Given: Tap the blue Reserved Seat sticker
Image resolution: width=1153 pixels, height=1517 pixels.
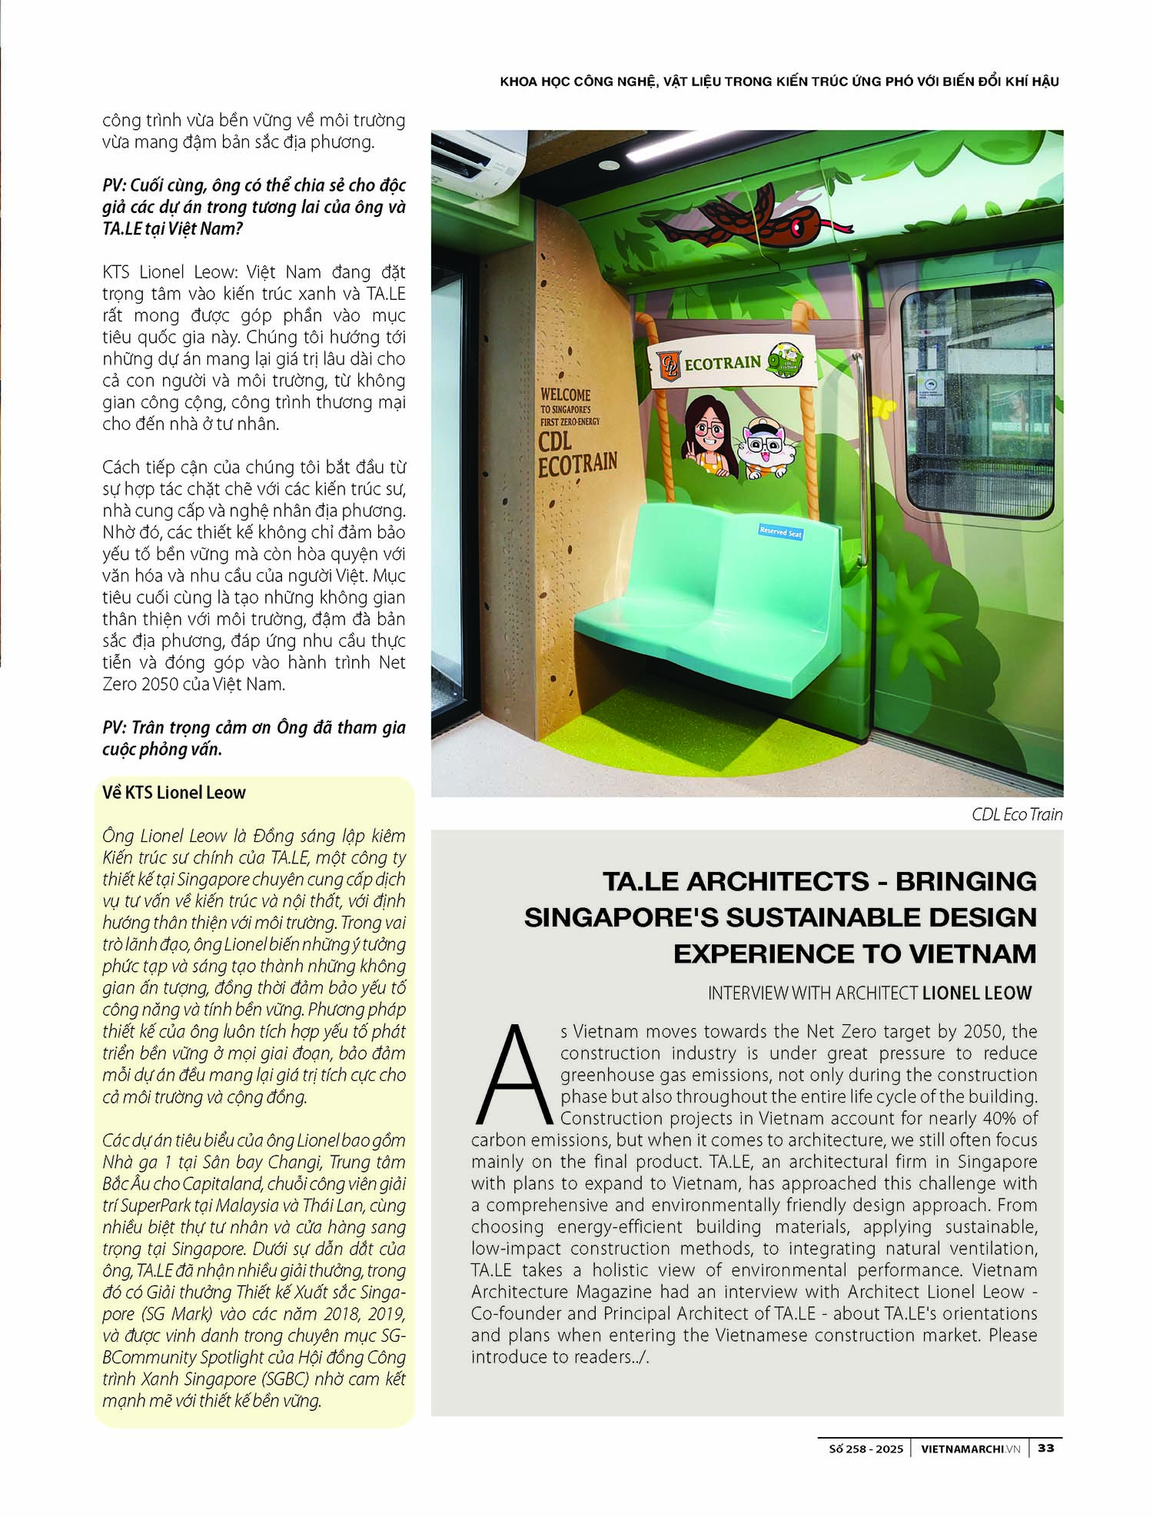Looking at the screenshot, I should [780, 531].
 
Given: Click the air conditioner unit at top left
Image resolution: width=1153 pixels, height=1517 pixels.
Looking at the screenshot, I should [466, 157].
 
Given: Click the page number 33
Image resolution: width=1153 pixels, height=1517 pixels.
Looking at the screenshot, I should [1045, 1448].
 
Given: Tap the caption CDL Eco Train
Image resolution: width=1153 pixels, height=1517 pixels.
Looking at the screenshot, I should [1016, 814].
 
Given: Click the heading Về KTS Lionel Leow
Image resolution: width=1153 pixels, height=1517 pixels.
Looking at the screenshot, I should [174, 793].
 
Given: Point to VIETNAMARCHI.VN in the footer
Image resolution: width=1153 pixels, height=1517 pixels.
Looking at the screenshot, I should [971, 1449].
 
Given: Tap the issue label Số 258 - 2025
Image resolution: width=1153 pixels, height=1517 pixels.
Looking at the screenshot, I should [866, 1449].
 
